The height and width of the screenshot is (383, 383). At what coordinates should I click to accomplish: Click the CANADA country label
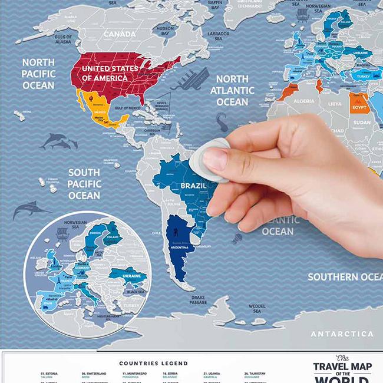(120, 35)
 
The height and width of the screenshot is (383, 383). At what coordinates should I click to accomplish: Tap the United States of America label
(110, 73)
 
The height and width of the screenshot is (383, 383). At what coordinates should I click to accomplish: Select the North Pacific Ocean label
(38, 73)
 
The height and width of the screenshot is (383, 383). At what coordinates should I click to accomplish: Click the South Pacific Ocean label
(84, 183)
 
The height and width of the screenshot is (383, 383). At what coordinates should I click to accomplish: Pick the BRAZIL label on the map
(193, 186)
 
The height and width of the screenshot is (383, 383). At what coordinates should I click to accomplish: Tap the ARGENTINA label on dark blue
(179, 247)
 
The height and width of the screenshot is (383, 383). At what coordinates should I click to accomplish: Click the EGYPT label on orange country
(360, 108)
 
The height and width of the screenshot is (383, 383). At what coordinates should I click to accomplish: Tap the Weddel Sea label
(256, 309)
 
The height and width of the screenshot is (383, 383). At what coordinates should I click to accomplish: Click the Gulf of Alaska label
(63, 39)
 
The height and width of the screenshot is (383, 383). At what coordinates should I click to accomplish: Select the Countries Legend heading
(153, 363)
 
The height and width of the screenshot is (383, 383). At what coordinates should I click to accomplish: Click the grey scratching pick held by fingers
(210, 150)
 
